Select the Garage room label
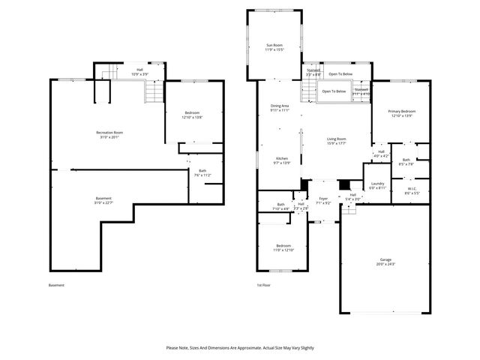tap(385, 262)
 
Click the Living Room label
tap(336, 141)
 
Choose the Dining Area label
tap(280, 108)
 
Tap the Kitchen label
tap(282, 160)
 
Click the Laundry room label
tap(377, 185)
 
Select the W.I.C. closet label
tap(412, 190)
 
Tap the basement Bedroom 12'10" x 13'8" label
tap(193, 115)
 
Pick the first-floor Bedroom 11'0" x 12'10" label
tap(283, 247)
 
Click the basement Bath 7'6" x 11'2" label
tap(202, 173)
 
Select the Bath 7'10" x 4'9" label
tap(281, 206)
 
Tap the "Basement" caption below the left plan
tap(56, 285)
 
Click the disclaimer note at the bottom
tap(240, 347)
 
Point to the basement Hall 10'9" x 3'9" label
tap(140, 72)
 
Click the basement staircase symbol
tap(154, 91)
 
